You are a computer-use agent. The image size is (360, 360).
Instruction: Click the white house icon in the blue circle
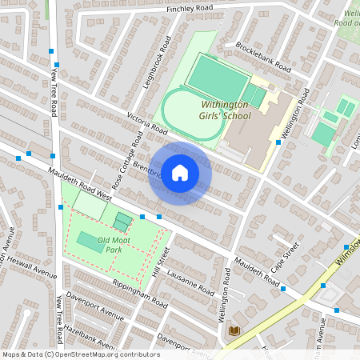click(x=180, y=174)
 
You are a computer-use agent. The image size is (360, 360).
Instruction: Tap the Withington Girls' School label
click(x=214, y=110)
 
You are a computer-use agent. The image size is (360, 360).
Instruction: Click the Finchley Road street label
click(x=190, y=8)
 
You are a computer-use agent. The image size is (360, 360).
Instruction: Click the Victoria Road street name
click(x=146, y=122)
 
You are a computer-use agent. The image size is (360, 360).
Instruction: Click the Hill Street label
click(x=160, y=269)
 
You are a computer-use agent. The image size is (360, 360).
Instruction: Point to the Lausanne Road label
click(x=189, y=277)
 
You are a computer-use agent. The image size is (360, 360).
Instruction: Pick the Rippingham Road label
click(x=141, y=296)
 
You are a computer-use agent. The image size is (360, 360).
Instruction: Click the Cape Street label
click(x=285, y=256)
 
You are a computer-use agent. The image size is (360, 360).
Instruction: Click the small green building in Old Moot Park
click(x=122, y=220)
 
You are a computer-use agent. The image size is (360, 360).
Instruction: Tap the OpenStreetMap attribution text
click(x=81, y=354)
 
